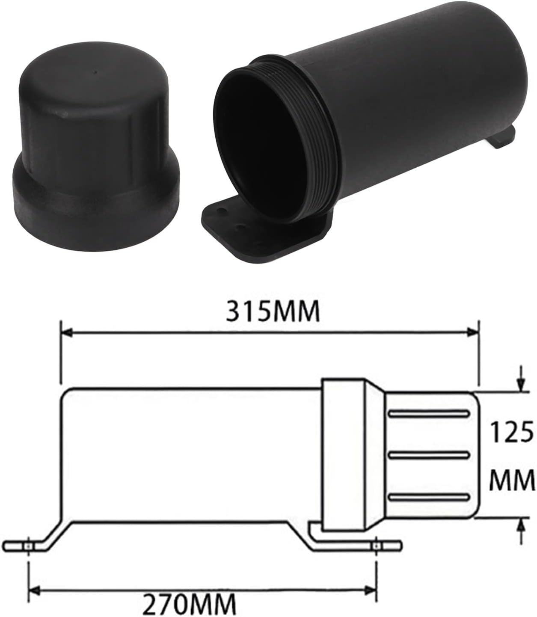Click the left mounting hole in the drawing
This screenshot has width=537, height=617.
click(x=28, y=546)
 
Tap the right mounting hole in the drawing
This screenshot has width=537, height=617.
click(x=376, y=546)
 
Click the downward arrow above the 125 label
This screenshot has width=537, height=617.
click(x=521, y=383)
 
